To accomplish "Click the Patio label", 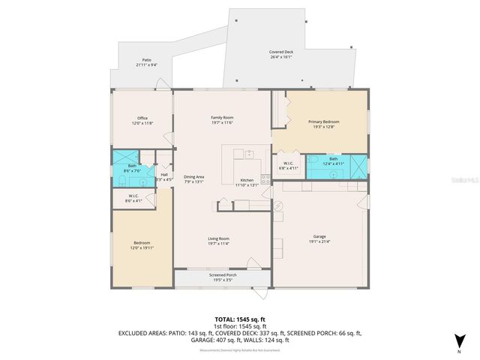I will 147,62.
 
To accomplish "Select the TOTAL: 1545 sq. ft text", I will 240,319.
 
